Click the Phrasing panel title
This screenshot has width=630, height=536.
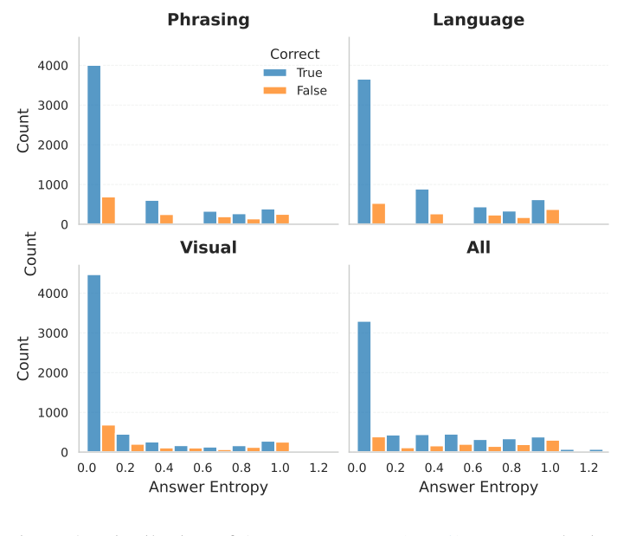point(208,19)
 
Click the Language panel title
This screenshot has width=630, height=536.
point(478,19)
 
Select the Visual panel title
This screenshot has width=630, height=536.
point(208,248)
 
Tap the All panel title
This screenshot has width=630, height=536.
point(478,248)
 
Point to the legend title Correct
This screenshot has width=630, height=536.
point(294,54)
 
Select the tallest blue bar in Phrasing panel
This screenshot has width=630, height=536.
point(93,145)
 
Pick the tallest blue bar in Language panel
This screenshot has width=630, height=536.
point(364,152)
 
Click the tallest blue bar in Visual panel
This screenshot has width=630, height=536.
point(93,364)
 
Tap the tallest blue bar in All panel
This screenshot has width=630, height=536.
point(364,387)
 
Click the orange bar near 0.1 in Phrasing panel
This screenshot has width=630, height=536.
point(108,210)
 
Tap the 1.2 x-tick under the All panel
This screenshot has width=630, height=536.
point(589,468)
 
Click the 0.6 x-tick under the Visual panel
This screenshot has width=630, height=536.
point(203,468)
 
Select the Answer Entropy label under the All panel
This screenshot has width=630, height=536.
point(478,488)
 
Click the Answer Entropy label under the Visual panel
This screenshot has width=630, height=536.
point(208,488)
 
